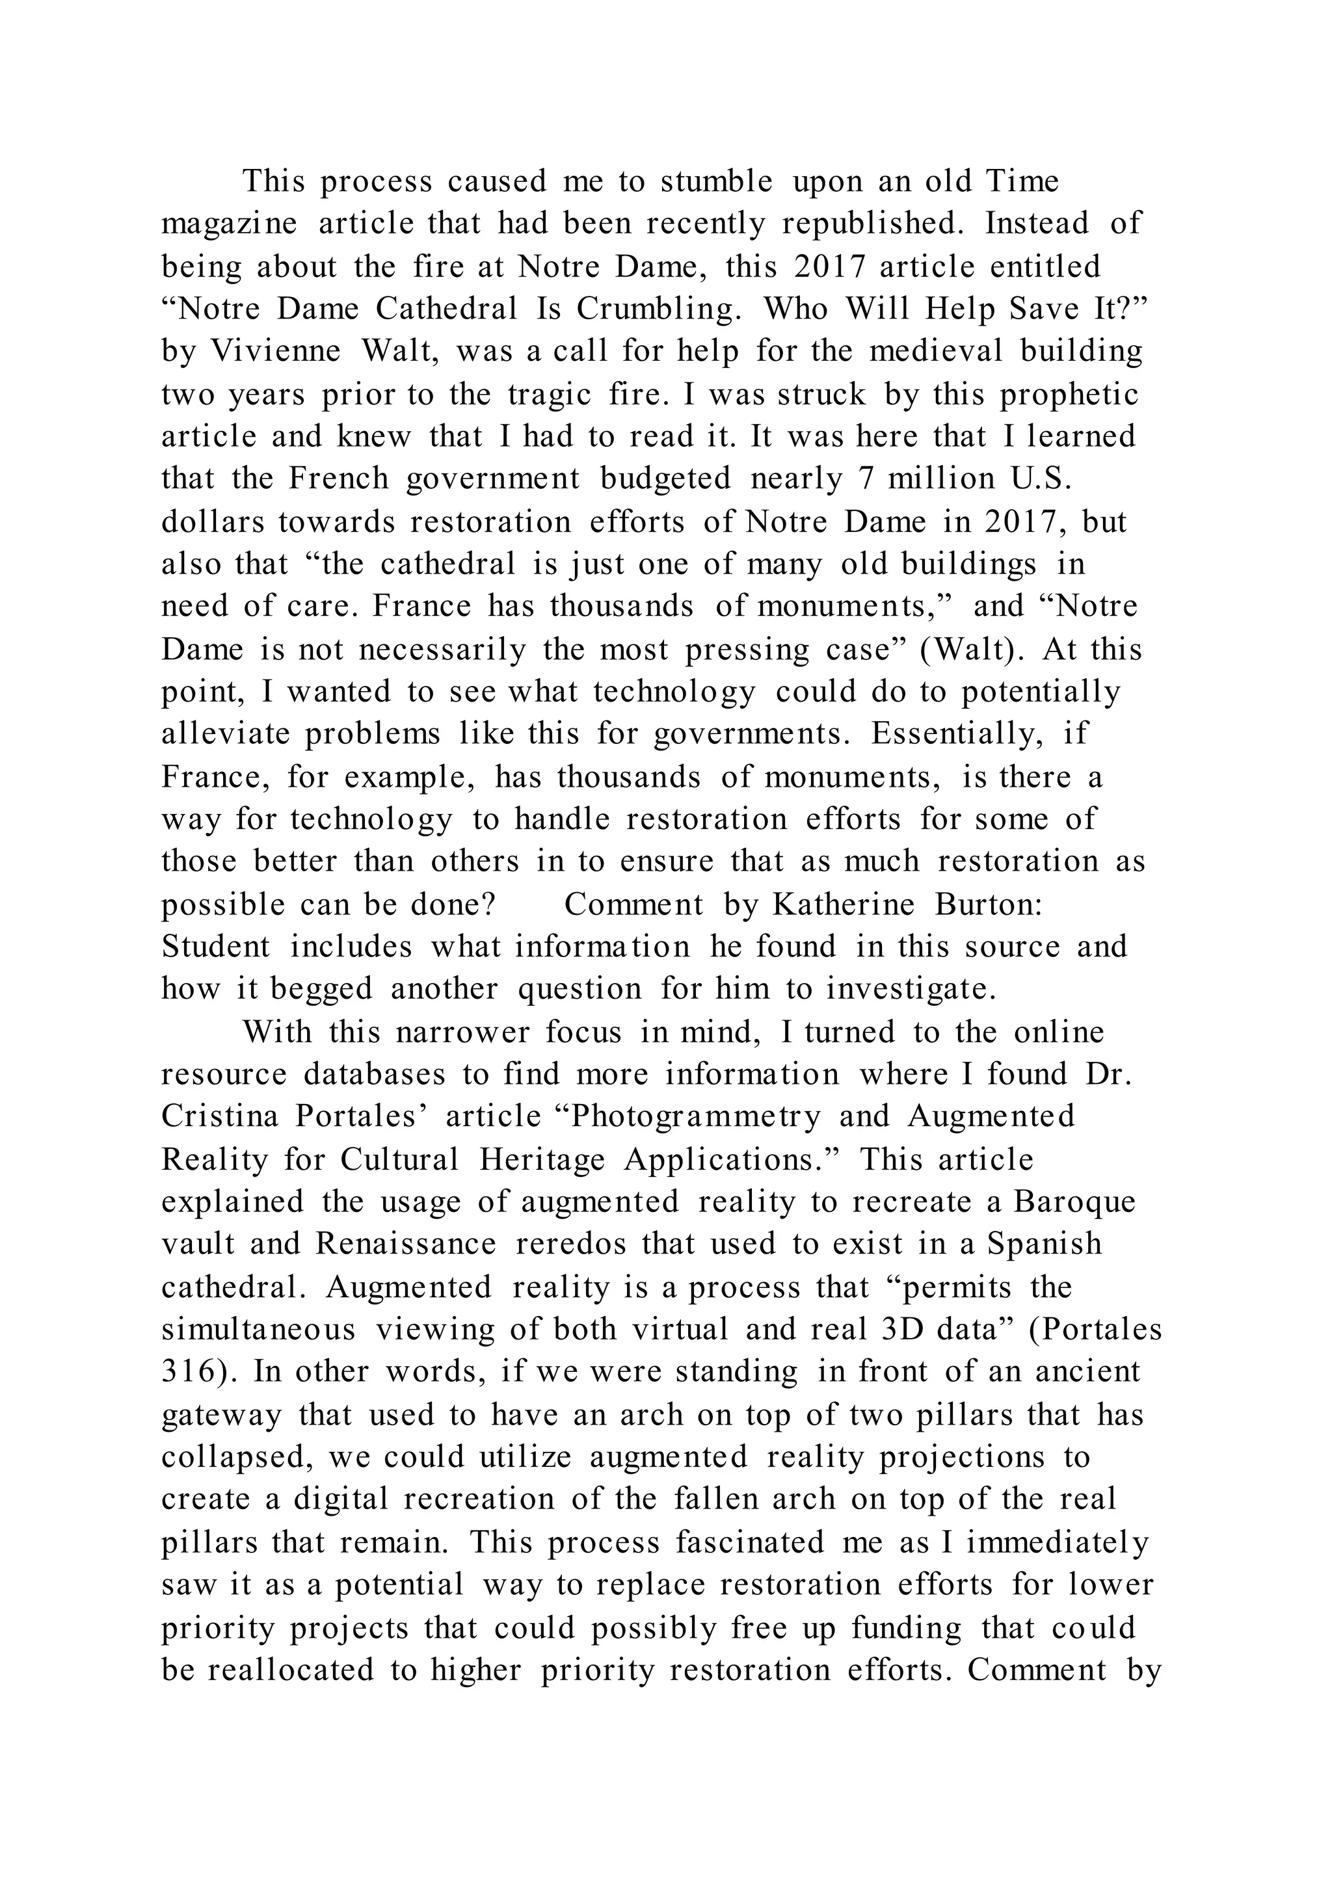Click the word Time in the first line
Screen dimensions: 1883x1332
point(1022,181)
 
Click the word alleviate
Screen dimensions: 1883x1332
point(226,734)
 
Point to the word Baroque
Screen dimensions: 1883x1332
point(1074,1202)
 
